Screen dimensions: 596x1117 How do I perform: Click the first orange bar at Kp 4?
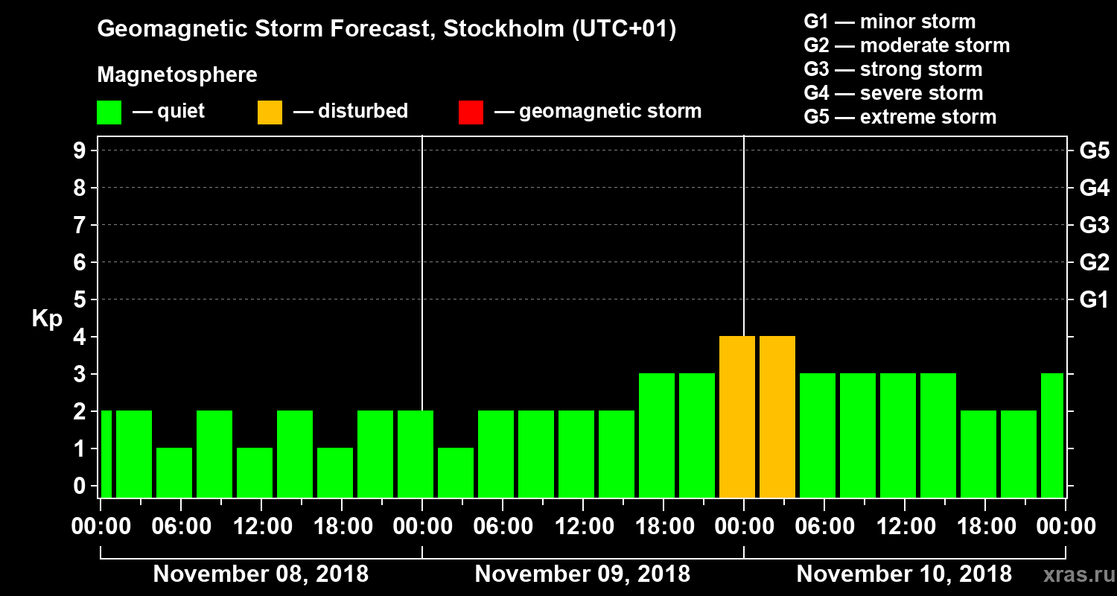[737, 416]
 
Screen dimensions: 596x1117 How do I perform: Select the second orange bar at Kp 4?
[777, 416]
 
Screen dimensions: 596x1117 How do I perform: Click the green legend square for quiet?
[109, 112]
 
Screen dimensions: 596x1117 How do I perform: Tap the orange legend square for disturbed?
[270, 112]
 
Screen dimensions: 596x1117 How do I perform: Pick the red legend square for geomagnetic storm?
[471, 112]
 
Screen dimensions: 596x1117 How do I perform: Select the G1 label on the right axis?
[1094, 299]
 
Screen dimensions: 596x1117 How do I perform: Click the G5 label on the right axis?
[1094, 150]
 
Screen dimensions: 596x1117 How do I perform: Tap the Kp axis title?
[47, 319]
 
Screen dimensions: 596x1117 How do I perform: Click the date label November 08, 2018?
[261, 574]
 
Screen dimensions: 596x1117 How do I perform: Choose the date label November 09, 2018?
[582, 574]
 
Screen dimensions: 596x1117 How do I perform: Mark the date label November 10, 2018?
[904, 574]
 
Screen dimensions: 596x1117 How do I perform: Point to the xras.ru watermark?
[1073, 574]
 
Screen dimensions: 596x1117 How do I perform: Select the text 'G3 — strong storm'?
[893, 69]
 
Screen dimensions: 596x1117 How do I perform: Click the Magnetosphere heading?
[177, 75]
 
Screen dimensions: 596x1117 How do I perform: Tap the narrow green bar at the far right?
[1052, 435]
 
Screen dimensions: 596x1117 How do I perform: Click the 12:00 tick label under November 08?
[261, 526]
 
